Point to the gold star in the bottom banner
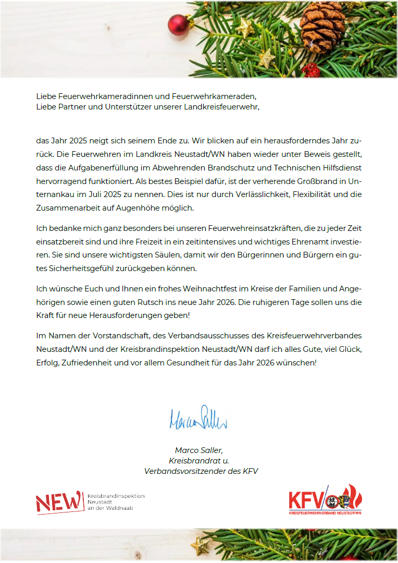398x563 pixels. pyautogui.click(x=201, y=546)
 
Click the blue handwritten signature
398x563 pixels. pyautogui.click(x=198, y=418)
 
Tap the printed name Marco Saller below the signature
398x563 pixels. pyautogui.click(x=198, y=450)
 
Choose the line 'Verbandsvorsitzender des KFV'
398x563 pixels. pyautogui.click(x=201, y=471)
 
